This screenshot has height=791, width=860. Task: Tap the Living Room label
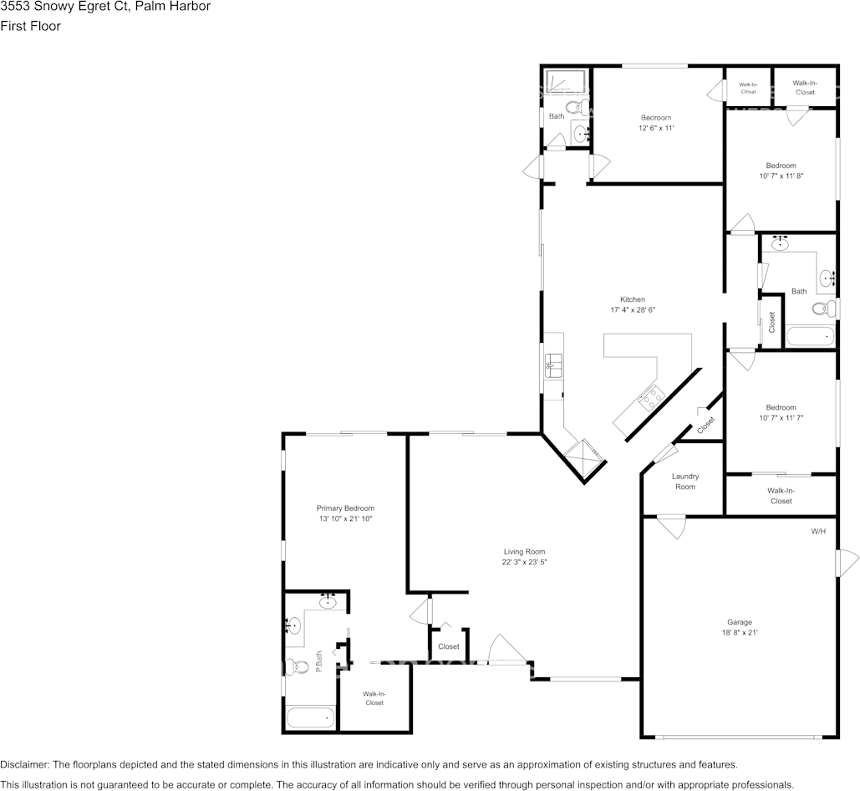pos(524,552)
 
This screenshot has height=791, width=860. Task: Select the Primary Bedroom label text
pos(345,508)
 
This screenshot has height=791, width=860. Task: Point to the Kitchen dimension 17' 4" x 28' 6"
pos(632,310)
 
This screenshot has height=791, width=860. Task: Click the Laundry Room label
pos(684,482)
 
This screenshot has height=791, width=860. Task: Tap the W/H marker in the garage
pos(818,532)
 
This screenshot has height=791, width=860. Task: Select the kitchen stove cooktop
pos(649,398)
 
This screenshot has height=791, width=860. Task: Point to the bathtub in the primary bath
pos(310,717)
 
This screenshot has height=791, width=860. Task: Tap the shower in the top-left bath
pos(567,82)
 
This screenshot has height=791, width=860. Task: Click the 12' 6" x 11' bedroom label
pos(656,123)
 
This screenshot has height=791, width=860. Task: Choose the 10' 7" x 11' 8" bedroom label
pos(781,171)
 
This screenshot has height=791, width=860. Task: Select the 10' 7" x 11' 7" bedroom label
pos(781,412)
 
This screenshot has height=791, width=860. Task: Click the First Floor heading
pos(30,26)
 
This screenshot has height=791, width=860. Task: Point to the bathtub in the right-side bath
pos(810,337)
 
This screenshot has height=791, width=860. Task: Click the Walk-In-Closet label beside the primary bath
pos(374,698)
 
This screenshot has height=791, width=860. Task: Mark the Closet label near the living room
pos(449,646)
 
